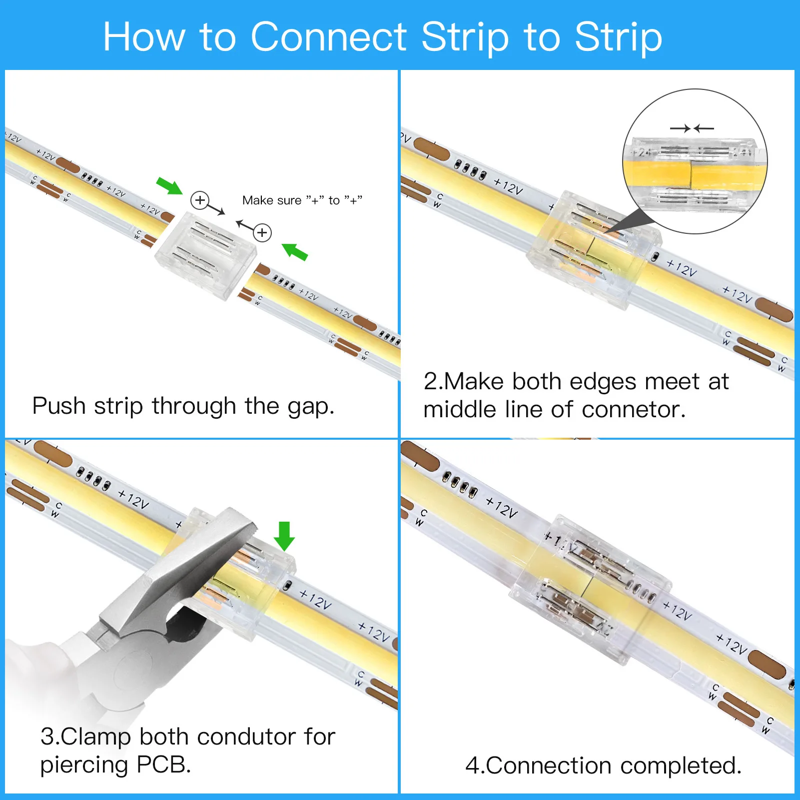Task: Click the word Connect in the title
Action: coord(329,37)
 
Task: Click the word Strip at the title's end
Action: coord(618,37)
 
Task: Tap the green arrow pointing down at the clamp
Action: coord(284,536)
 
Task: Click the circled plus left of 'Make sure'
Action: coord(200,200)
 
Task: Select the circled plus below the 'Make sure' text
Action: coord(262,232)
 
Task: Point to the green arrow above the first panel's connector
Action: coord(169,185)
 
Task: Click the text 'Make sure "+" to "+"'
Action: coord(302,200)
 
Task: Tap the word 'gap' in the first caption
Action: coord(310,407)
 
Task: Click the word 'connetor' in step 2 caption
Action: coord(633,410)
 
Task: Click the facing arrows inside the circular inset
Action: coord(692,128)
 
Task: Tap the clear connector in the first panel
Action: coord(206,254)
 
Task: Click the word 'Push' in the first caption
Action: coord(59,406)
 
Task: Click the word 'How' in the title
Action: coord(144,37)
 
